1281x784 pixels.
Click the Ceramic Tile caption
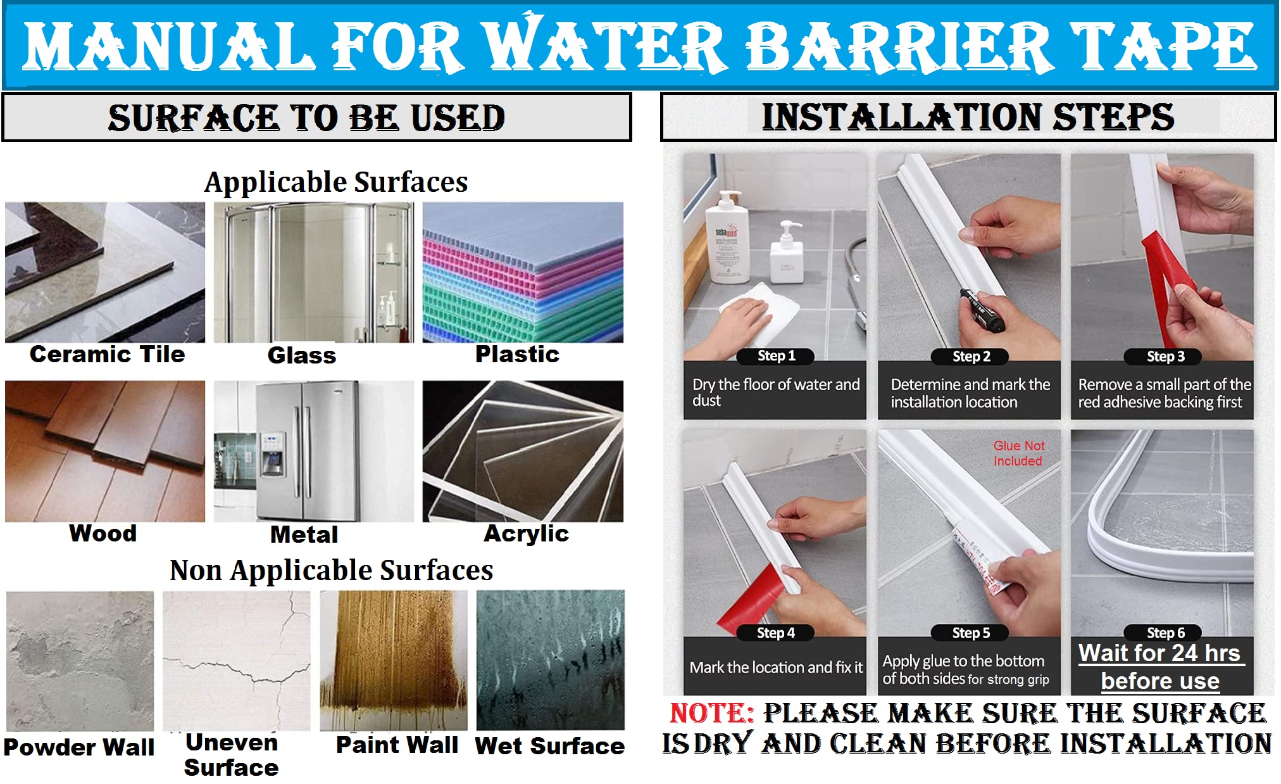[107, 354]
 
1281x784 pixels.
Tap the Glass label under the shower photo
[302, 355]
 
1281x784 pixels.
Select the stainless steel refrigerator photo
[314, 451]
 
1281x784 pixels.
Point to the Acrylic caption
[526, 534]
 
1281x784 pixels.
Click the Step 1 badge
[776, 356]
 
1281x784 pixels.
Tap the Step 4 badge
[775, 633]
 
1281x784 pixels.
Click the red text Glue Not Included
[1018, 453]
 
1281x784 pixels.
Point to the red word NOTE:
[711, 713]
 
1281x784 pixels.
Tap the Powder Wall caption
[79, 747]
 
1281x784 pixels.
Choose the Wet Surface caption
[550, 746]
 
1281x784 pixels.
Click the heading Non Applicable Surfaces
[331, 570]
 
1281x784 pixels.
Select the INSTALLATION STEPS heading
[968, 117]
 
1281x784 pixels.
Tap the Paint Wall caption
[397, 745]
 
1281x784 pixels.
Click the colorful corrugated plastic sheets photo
[523, 272]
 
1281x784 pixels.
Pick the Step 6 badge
[1165, 633]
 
